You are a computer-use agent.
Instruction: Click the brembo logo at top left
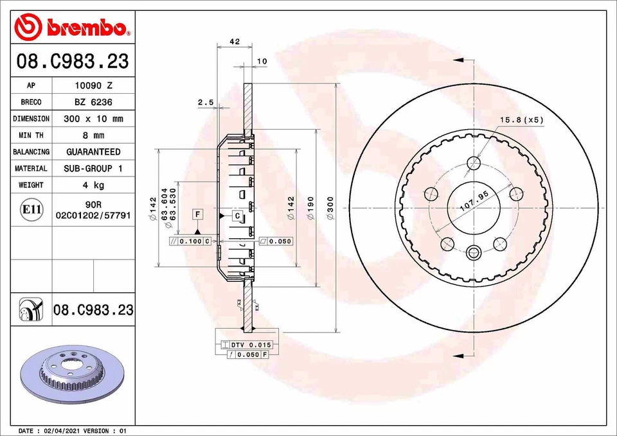tap(71, 26)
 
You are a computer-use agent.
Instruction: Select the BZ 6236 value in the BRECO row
tap(93, 102)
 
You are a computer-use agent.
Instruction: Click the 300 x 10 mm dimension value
tap(93, 119)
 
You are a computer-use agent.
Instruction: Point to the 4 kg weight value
tap(93, 185)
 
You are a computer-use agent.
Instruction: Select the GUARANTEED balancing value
tap(93, 152)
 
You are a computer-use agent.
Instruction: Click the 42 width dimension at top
tap(235, 42)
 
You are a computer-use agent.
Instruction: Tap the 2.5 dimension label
tap(205, 102)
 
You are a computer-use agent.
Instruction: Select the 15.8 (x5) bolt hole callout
tap(522, 120)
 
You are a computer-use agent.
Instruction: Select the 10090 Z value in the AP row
tap(93, 85)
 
